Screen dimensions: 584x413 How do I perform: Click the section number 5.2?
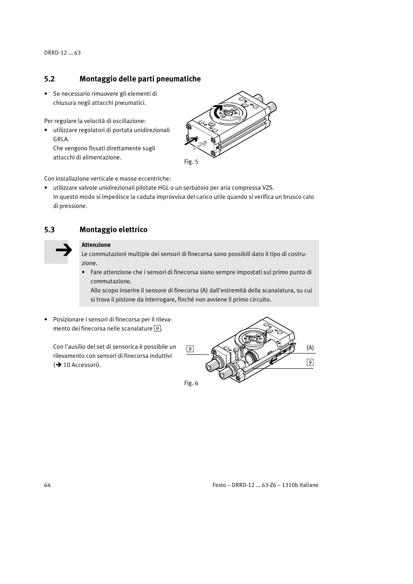[49, 79]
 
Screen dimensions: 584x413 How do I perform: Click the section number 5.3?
[49, 230]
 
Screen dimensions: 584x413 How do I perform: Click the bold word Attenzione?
[96, 245]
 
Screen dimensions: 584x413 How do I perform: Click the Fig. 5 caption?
[191, 162]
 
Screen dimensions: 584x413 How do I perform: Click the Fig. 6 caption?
[191, 383]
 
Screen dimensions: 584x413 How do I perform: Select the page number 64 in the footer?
[47, 485]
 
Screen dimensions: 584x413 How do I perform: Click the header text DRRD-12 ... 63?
[62, 53]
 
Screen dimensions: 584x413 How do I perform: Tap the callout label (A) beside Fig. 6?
[310, 347]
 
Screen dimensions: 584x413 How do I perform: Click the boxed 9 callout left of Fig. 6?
[190, 349]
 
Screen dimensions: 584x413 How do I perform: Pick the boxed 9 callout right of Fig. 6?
[310, 363]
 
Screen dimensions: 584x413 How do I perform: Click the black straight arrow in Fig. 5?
[190, 141]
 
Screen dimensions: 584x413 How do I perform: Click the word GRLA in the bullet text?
[61, 139]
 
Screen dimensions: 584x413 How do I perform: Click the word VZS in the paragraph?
[268, 188]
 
